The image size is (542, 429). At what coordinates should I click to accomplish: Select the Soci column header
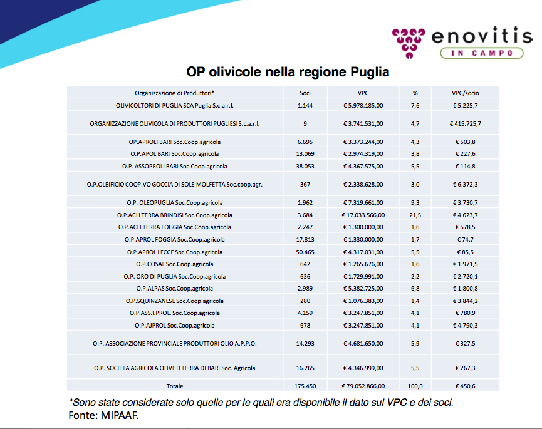(x=305, y=93)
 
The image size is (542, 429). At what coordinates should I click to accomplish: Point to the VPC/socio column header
(x=466, y=93)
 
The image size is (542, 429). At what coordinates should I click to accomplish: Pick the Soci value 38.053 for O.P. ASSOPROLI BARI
(x=305, y=166)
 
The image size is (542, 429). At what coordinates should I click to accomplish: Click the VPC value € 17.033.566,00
(x=363, y=215)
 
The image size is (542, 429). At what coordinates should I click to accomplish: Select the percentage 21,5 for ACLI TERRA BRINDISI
(x=415, y=215)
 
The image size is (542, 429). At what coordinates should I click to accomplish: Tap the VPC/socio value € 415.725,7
(x=466, y=123)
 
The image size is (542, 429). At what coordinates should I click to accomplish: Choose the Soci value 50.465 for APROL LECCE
(x=305, y=252)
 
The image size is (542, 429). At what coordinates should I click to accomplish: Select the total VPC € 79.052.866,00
(x=363, y=386)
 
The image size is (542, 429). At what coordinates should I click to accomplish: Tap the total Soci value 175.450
(x=305, y=386)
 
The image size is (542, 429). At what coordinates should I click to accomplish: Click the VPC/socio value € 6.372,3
(x=466, y=184)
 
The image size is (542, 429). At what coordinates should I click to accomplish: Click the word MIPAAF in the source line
(x=118, y=415)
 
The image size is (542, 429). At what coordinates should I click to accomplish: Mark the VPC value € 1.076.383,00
(x=363, y=301)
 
